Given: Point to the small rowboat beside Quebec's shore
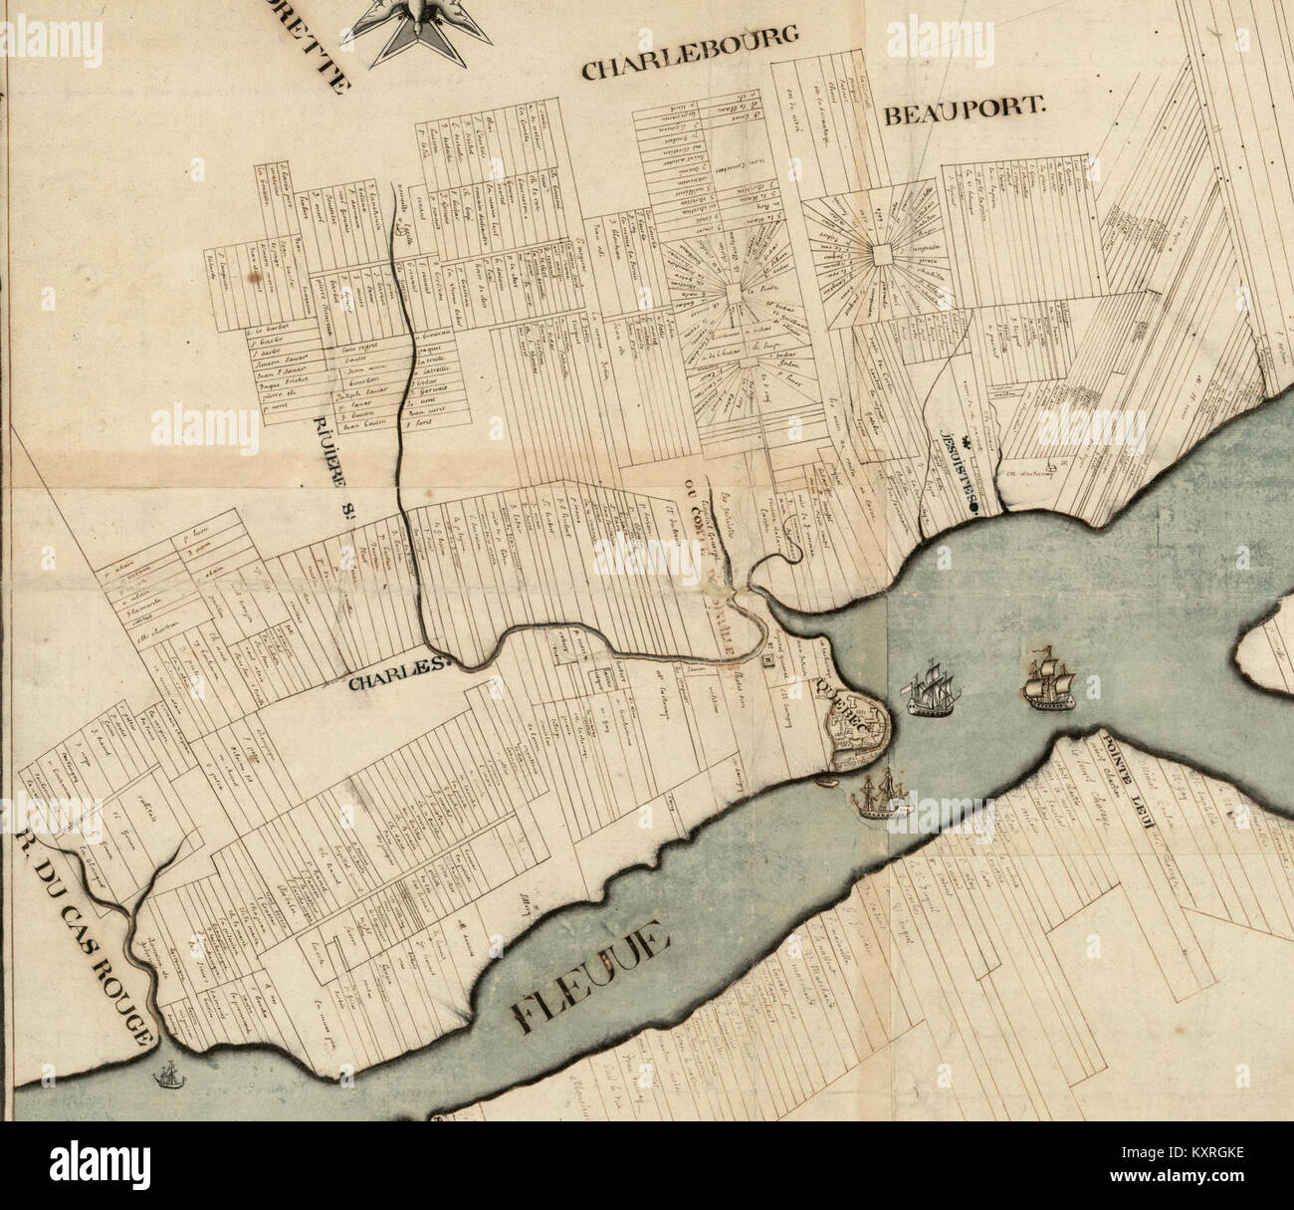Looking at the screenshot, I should click(x=825, y=780).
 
